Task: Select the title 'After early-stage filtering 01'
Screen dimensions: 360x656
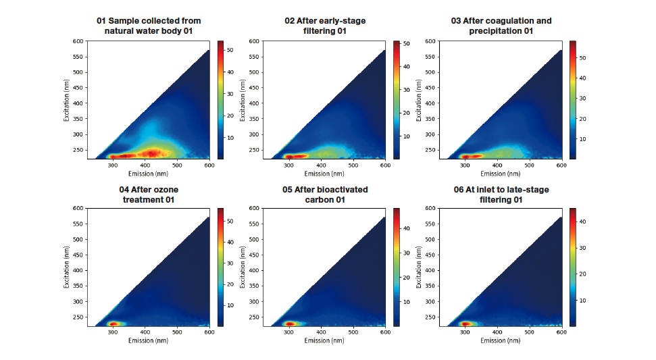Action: click(325, 26)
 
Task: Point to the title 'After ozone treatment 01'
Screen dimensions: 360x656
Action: click(149, 195)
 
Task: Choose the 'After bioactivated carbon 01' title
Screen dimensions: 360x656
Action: click(325, 195)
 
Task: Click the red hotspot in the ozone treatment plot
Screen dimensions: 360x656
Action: click(113, 324)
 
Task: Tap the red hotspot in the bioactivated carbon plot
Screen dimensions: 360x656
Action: click(290, 324)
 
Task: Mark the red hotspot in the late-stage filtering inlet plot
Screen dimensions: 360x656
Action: click(465, 324)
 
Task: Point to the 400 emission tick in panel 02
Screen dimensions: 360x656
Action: click(321, 165)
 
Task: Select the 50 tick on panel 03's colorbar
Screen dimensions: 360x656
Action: click(582, 58)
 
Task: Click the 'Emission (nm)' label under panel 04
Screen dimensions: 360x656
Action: click(148, 341)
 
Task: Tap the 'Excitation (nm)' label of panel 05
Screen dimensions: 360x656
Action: click(243, 267)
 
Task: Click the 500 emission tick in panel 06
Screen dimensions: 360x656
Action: click(529, 332)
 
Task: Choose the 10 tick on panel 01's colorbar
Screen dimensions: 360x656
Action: click(230, 138)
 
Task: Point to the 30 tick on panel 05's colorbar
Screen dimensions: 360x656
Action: click(407, 253)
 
